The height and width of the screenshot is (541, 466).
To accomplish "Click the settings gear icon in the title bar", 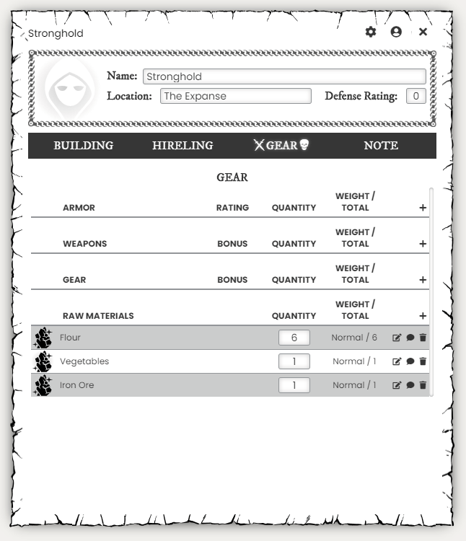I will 371,32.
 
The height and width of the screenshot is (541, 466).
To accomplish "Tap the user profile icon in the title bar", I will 396,32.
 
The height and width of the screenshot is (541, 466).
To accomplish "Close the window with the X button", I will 423,32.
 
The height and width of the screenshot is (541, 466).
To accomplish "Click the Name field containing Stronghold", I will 284,76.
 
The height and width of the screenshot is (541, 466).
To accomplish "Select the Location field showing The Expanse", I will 235,96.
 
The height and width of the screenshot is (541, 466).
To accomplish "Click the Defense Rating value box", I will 416,96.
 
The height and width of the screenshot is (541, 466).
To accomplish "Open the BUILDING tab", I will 84,146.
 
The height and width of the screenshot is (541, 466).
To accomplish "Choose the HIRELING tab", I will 183,146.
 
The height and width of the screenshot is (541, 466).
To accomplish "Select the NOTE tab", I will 381,146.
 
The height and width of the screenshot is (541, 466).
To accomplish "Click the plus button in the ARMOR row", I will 423,208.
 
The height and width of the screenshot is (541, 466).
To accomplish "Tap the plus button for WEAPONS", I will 423,244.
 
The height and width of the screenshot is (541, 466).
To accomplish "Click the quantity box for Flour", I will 294,338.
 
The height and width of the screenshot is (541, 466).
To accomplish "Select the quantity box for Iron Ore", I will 294,385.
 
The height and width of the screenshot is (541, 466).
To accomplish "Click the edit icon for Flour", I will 396,338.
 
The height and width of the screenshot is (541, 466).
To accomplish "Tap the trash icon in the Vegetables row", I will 423,361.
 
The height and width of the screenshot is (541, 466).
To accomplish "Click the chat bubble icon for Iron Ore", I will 410,385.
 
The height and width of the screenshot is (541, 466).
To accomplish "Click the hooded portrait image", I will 69,90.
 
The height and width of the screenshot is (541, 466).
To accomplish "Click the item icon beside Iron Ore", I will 43,385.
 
